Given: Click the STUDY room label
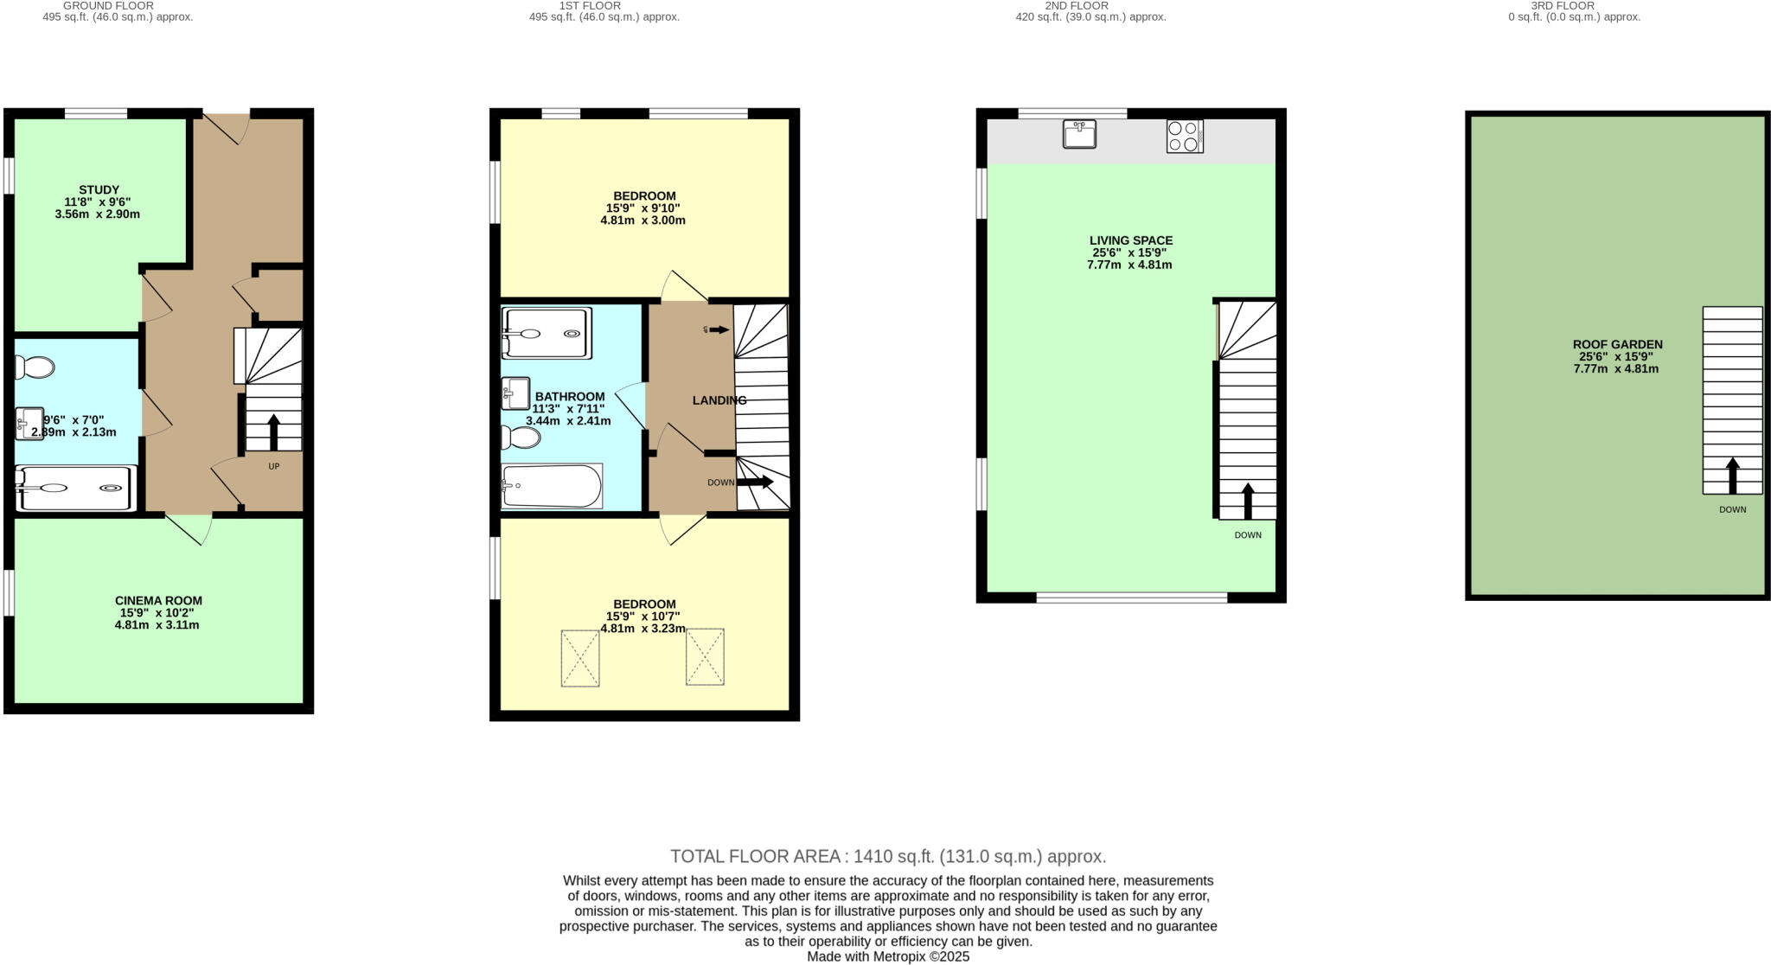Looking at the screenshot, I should click(x=99, y=189).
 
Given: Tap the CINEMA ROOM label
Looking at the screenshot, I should click(x=158, y=600).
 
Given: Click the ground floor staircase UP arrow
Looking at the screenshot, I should click(x=273, y=431).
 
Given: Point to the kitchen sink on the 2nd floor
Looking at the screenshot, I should click(x=1079, y=134).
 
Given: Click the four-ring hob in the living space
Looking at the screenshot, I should click(x=1184, y=136).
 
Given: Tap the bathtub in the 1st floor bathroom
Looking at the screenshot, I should click(x=552, y=487).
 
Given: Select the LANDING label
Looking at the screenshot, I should click(x=719, y=400).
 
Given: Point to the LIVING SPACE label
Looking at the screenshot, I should click(x=1130, y=240).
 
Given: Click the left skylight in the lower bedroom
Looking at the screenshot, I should click(x=579, y=658).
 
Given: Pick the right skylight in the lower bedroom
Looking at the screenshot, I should click(x=705, y=658).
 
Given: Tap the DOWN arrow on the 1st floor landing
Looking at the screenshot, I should click(x=754, y=482).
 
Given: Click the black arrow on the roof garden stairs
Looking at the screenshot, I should click(x=1732, y=475).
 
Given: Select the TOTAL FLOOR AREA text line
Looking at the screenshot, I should click(x=888, y=856).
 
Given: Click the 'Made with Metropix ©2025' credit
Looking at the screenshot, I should click(x=888, y=956).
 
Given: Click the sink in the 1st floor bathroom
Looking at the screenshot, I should click(x=515, y=393).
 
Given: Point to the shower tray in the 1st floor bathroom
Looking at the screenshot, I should click(x=547, y=334).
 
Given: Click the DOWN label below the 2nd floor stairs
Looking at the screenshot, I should click(x=1247, y=535).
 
